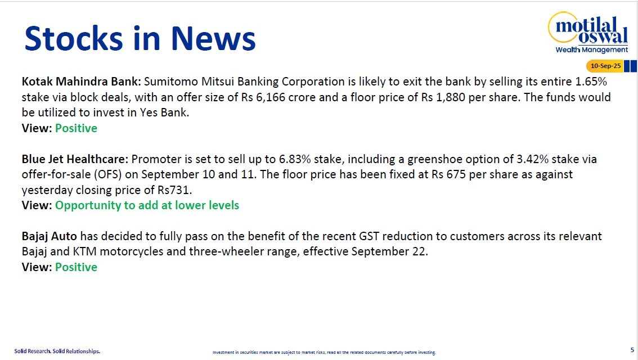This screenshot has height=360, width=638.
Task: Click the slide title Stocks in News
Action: (140, 39)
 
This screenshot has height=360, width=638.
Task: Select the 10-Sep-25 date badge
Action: (605, 66)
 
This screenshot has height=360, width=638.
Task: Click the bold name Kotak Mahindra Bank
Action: (82, 81)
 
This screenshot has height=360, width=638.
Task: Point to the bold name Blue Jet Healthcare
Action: (75, 159)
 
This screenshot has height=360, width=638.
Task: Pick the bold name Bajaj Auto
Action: (49, 236)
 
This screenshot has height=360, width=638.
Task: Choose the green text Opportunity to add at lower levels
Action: (147, 205)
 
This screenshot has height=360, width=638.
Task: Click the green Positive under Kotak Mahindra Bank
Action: (76, 128)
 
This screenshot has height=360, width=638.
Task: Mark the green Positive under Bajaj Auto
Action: (76, 267)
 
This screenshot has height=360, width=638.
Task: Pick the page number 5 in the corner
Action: (632, 349)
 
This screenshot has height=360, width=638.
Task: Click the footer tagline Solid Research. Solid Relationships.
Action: (57, 351)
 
